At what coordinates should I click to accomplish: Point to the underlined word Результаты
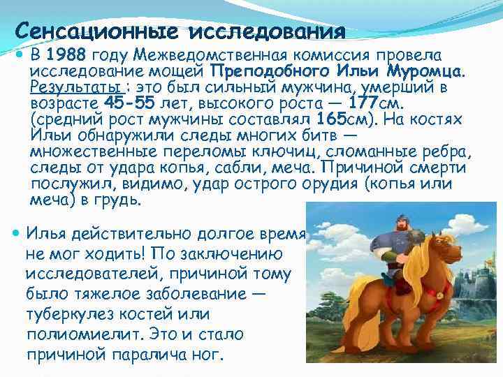(78, 88)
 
